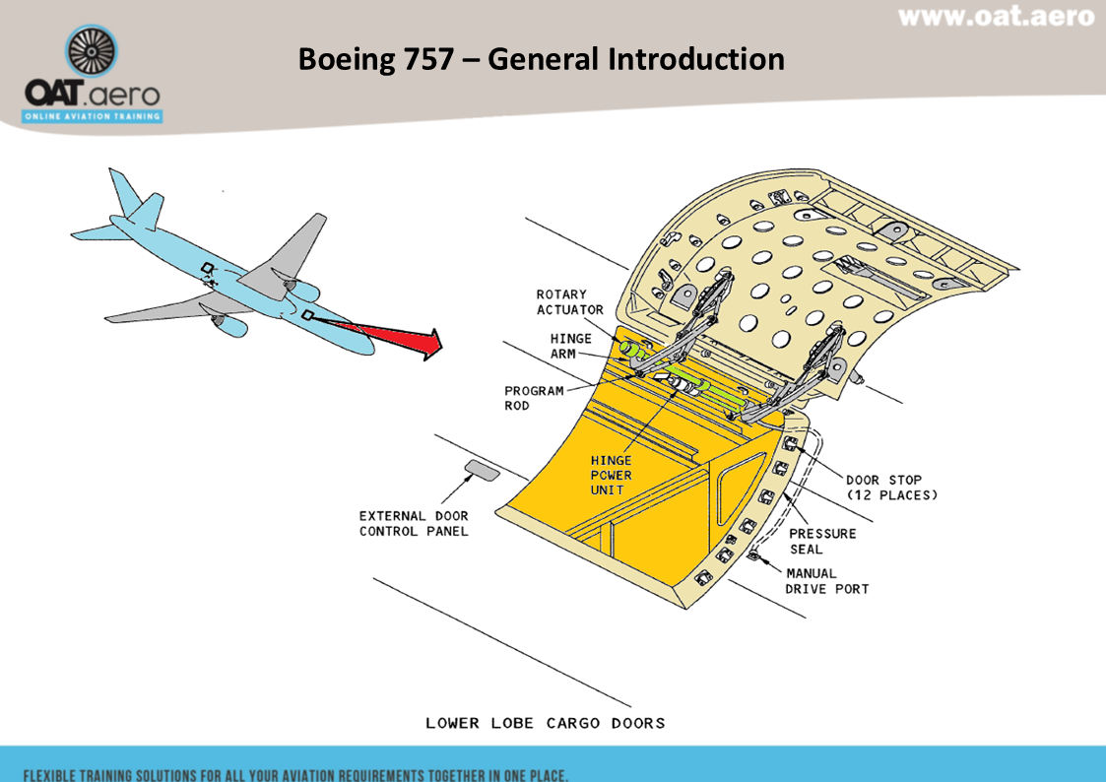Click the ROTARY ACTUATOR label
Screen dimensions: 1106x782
(x=570, y=301)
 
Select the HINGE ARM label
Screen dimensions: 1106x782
(x=570, y=346)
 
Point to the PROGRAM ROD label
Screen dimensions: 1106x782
(x=534, y=398)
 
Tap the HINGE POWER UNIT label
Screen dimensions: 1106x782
(x=611, y=475)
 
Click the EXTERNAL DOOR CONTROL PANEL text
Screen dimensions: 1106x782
(x=414, y=523)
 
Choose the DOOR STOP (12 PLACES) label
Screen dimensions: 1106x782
(x=891, y=488)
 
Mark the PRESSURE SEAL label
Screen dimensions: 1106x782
(x=821, y=541)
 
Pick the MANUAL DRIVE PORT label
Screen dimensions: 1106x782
(x=826, y=581)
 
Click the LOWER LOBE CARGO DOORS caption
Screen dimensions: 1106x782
(x=546, y=723)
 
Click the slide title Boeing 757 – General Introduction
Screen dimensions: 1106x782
(x=541, y=58)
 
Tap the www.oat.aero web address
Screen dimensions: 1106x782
(x=996, y=17)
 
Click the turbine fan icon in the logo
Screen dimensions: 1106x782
(x=92, y=51)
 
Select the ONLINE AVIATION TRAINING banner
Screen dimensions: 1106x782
(x=93, y=116)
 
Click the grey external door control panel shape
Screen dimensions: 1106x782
(x=483, y=470)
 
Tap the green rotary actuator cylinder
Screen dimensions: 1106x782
(x=632, y=350)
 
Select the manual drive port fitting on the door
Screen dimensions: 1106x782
(x=754, y=555)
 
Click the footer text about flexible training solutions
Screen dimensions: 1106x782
(x=295, y=775)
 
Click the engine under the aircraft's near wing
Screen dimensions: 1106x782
(x=230, y=324)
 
